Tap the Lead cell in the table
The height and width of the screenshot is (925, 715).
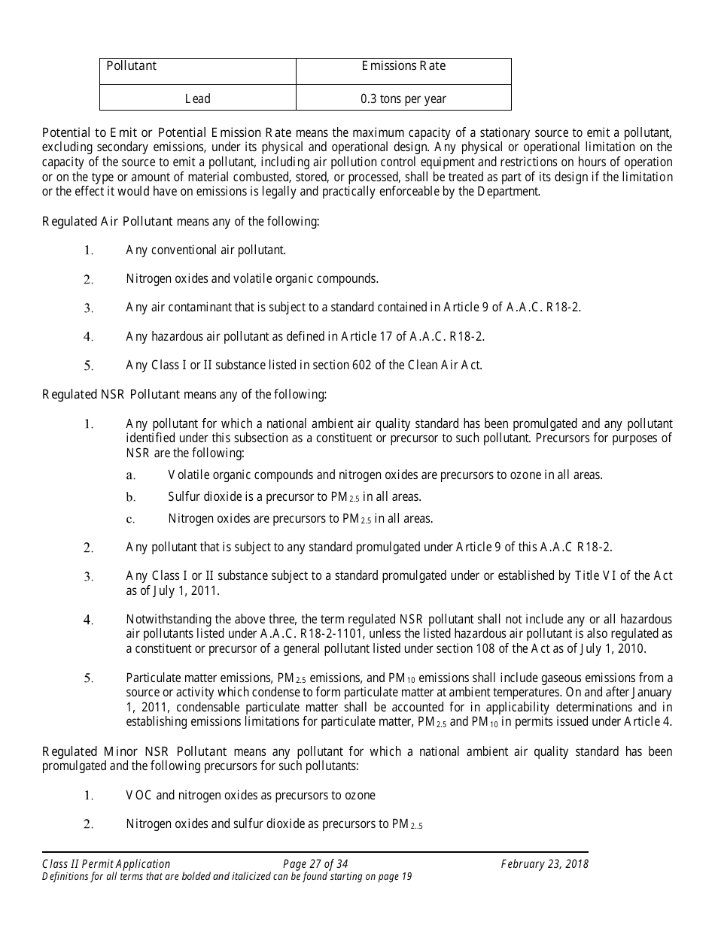pyautogui.click(x=197, y=99)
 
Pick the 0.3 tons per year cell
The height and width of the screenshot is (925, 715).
pyautogui.click(x=403, y=99)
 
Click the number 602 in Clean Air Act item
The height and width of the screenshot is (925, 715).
pyautogui.click(x=362, y=365)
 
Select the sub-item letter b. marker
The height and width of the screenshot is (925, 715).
pyautogui.click(x=130, y=497)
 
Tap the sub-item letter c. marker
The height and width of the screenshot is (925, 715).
pyautogui.click(x=130, y=519)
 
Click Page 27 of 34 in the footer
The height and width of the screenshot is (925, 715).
pyautogui.click(x=315, y=864)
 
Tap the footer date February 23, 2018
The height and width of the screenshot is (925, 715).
pyautogui.click(x=545, y=864)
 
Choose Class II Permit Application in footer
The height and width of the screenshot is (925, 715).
pyautogui.click(x=107, y=864)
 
